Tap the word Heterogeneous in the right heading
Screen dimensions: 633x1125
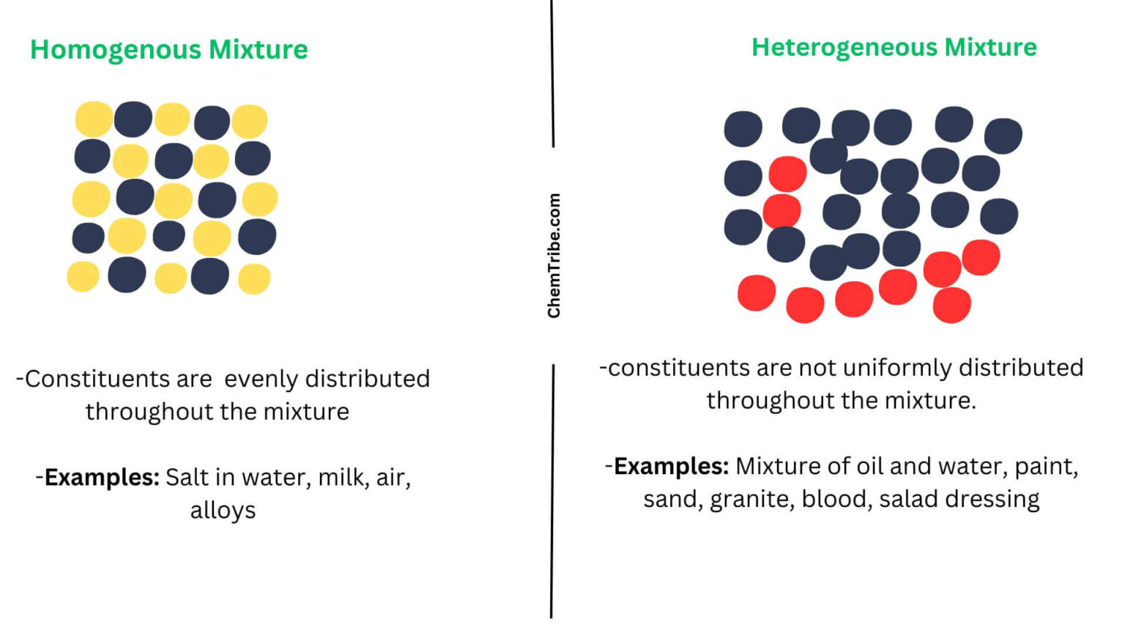coord(844,48)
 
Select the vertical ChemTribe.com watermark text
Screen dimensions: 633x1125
coord(554,256)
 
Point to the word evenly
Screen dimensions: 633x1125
coord(261,380)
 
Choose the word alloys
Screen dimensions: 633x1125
coord(223,511)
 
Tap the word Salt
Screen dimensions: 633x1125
coord(187,478)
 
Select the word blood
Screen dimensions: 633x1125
coord(836,499)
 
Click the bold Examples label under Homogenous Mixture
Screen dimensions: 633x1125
coord(102,478)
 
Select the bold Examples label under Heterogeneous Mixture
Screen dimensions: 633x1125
coord(671,467)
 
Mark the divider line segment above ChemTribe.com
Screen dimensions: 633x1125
coord(552,73)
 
